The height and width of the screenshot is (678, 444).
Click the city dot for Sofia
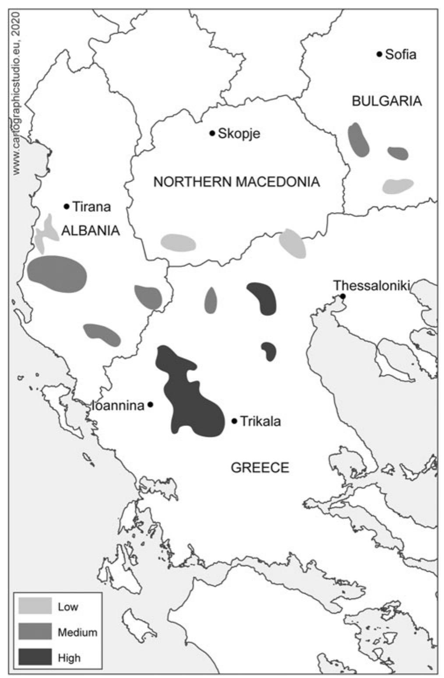tap(379, 54)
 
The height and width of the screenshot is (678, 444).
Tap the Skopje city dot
tap(212, 133)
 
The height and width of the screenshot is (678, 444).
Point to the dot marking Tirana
tap(67, 206)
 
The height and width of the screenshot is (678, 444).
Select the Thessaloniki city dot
tap(343, 297)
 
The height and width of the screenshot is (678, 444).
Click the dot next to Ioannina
tap(150, 405)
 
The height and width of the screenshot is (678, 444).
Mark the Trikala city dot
tap(234, 421)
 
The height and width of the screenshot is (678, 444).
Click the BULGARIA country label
tap(387, 101)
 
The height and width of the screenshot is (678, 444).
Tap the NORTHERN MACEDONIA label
tap(236, 182)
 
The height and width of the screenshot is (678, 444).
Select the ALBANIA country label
tap(91, 231)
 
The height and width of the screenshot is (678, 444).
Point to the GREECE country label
tap(260, 468)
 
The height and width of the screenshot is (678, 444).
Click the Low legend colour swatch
tap(35, 606)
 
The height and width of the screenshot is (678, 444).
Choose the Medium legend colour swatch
tap(35, 632)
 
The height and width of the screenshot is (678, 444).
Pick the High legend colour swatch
tap(35, 657)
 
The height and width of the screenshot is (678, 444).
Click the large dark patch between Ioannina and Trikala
tap(193, 402)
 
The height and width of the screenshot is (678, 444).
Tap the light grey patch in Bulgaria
tap(398, 185)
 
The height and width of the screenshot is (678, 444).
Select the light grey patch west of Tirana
tap(46, 232)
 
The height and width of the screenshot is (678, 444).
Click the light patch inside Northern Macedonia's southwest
tap(178, 242)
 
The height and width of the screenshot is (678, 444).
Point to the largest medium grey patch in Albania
tap(57, 274)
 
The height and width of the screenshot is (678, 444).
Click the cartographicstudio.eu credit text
tap(17, 94)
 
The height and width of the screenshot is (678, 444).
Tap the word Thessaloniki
tap(371, 286)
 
